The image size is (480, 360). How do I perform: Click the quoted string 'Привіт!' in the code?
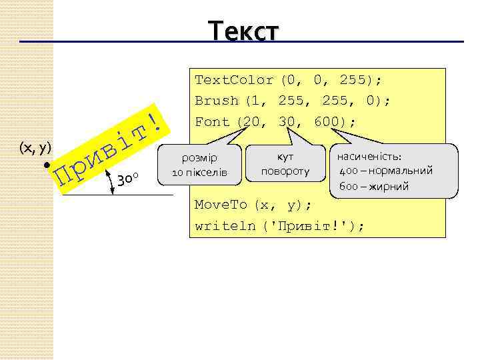tap(313, 225)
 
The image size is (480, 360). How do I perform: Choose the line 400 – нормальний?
tap(386, 171)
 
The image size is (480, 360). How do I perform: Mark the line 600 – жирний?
tap(373, 186)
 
